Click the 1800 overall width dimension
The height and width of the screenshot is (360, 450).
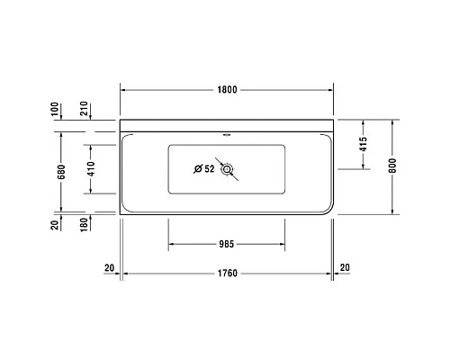pos(227,90)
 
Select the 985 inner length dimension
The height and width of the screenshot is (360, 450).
pos(227,243)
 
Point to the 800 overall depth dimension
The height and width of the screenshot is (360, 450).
pos(393,167)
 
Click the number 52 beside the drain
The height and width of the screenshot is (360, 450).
pos(209,168)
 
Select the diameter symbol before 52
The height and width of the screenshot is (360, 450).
pos(197,168)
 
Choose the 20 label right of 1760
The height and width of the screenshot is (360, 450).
pos(346,267)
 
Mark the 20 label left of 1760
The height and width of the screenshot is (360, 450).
pos(109,267)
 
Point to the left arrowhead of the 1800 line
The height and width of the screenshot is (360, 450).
pos(124,90)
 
